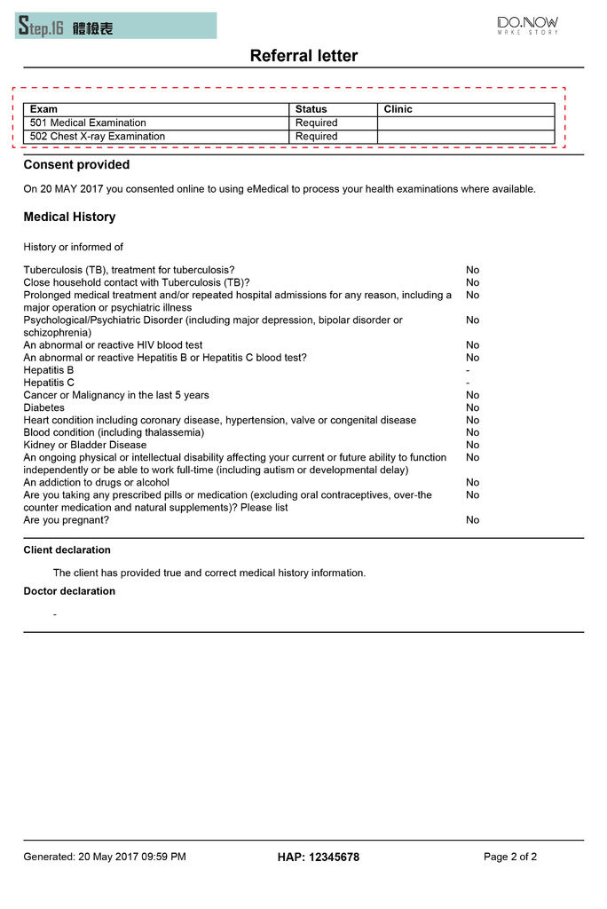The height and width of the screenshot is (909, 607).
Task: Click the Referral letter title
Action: point(303,56)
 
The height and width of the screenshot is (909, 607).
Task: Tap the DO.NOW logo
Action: point(527,25)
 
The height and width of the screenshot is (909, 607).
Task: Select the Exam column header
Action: point(43,109)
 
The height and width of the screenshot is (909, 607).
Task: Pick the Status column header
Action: point(311,109)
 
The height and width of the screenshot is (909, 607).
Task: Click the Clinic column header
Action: point(398,109)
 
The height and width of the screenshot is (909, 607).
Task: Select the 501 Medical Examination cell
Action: point(88,123)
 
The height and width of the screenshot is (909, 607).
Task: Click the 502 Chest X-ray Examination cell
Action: point(98,137)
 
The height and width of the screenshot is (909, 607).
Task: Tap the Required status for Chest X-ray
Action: point(316,137)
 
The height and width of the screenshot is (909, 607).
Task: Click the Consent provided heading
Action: point(76,165)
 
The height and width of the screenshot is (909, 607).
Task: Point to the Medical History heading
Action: point(69,217)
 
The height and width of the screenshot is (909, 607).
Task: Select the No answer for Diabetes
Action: point(472,408)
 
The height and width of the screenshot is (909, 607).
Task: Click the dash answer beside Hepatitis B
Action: point(468,370)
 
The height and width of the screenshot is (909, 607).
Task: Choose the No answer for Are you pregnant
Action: point(472,520)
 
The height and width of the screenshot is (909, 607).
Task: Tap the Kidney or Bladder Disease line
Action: point(85,445)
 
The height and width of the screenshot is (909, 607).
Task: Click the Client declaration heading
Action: point(67,550)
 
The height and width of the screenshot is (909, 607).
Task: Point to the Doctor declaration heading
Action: point(69,591)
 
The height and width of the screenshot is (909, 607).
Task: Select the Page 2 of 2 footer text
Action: point(510,858)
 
